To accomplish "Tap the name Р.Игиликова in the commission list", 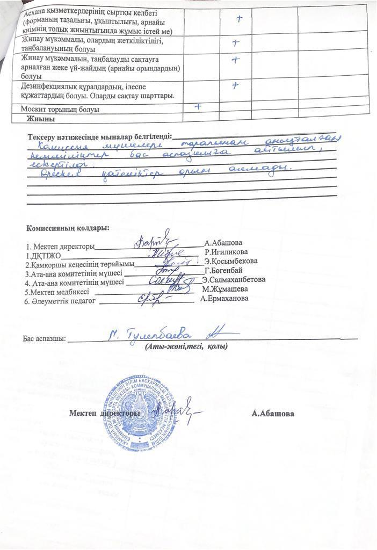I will click(226, 251).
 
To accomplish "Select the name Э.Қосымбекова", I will click(231, 261).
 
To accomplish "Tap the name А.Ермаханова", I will click(224, 298).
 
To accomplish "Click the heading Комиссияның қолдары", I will click(68, 228).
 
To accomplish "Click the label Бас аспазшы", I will click(44, 339).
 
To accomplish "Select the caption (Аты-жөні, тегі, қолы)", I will click(186, 346).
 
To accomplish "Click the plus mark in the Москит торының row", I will click(198, 106).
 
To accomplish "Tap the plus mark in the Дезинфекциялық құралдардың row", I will click(235, 85).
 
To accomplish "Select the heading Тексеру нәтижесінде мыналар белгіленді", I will click(100, 136).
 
